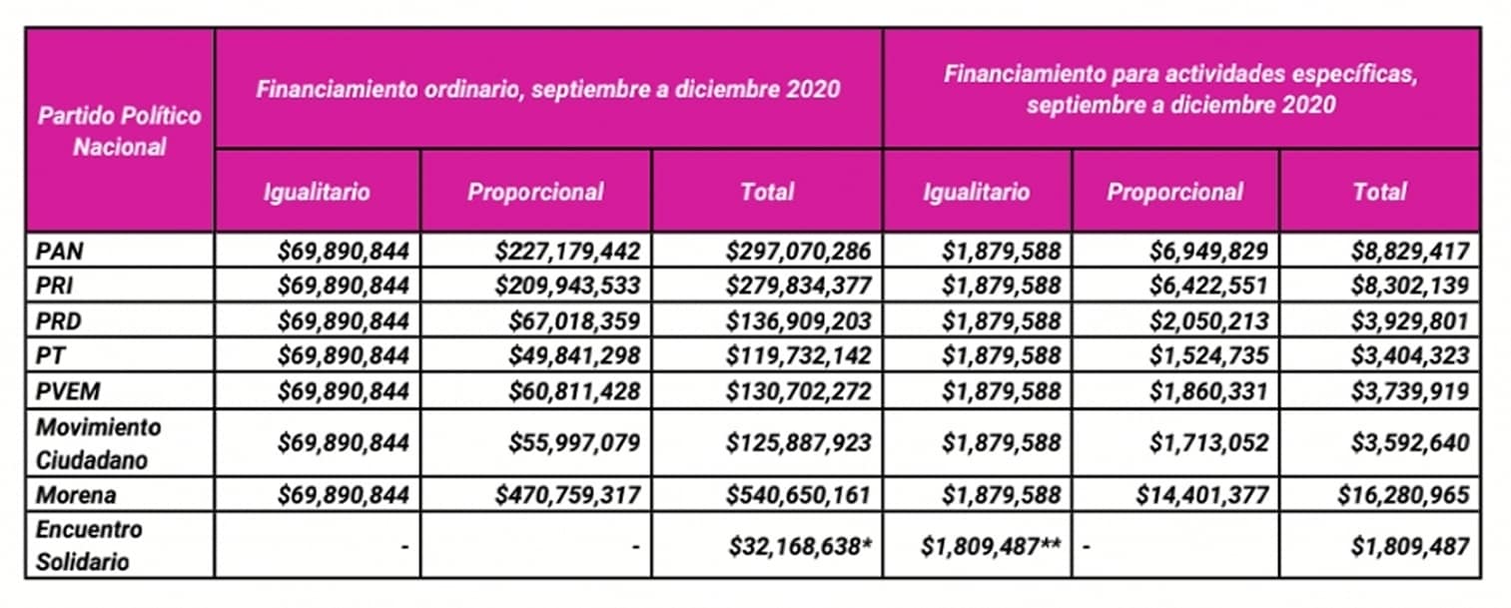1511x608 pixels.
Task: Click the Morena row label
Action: pos(76,495)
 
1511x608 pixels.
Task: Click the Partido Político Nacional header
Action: pos(119,131)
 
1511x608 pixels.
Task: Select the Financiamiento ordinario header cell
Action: pos(547,89)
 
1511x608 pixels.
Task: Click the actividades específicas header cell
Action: pos(1180,89)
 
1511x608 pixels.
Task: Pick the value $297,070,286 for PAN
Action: pos(799,251)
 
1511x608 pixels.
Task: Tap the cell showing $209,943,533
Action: pos(566,287)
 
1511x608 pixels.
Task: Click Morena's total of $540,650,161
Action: pos(799,495)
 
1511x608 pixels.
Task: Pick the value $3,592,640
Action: pos(1410,443)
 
